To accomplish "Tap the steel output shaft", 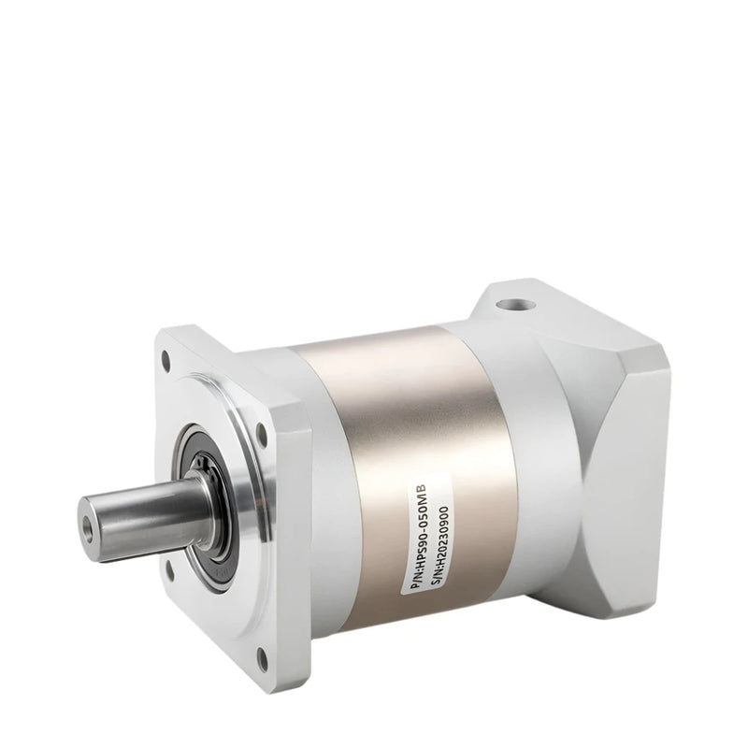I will point(140,509).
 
